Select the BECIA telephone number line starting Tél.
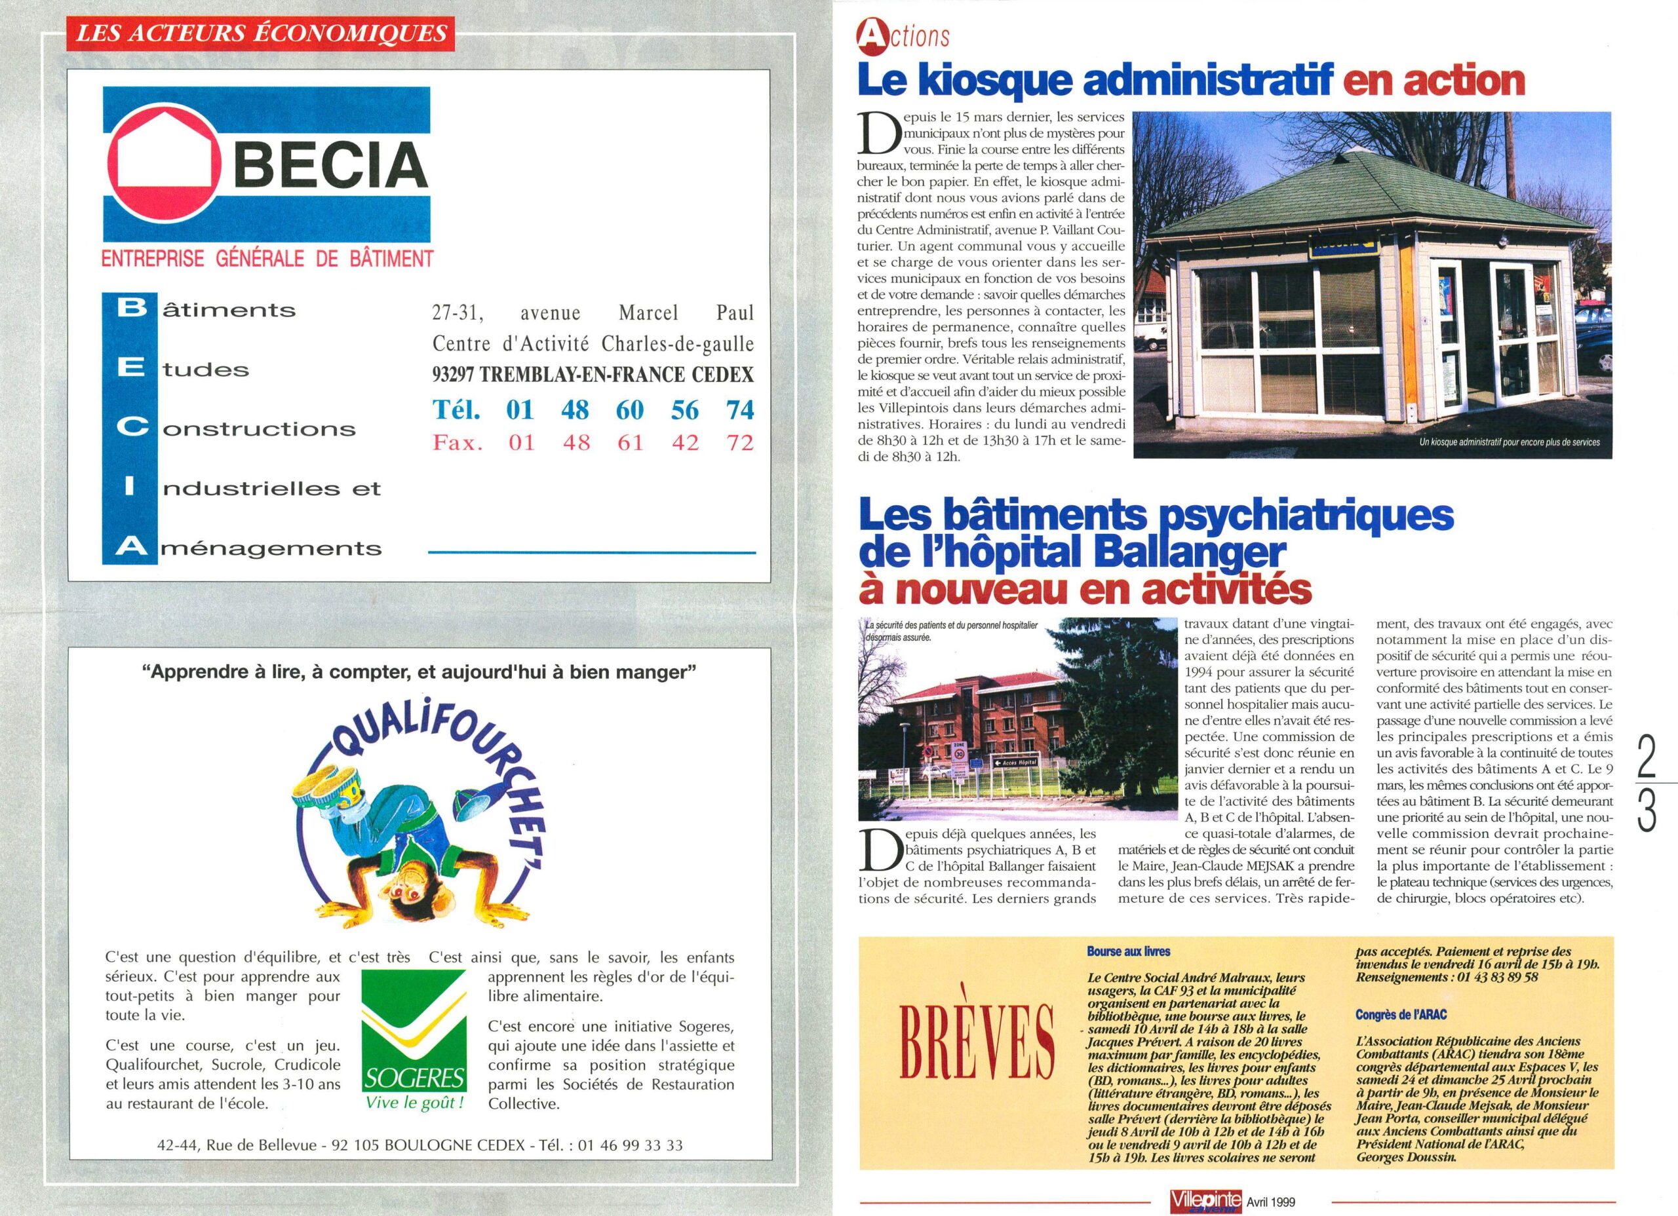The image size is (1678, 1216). (593, 409)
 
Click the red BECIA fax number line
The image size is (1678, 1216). (593, 442)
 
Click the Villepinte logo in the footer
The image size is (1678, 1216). (1206, 1200)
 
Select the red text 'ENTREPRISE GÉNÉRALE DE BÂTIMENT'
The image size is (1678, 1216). (267, 259)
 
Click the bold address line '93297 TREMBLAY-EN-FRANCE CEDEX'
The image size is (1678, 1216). (593, 375)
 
